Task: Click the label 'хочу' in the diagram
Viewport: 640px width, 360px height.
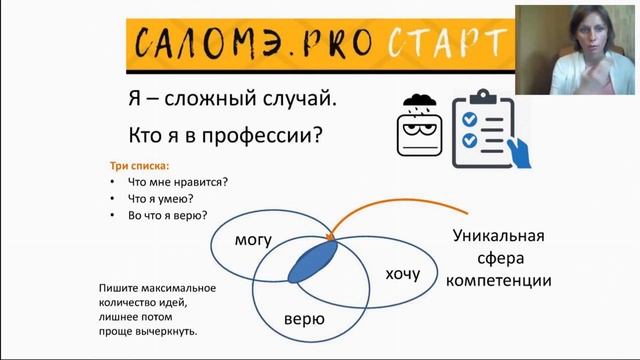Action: [402, 273]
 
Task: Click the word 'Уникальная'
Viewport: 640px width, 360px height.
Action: [498, 236]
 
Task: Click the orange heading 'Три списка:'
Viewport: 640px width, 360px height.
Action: [139, 165]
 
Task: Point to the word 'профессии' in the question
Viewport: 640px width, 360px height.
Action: [287, 134]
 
